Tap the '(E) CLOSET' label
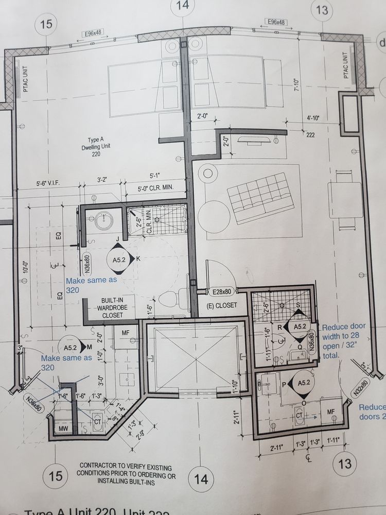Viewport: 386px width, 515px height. (x=222, y=305)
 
